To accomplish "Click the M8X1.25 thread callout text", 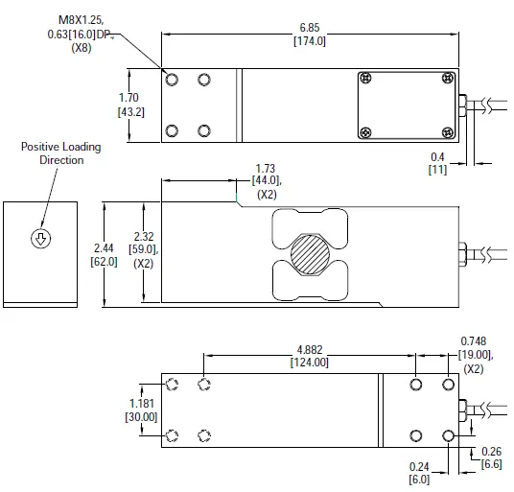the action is [x=81, y=20].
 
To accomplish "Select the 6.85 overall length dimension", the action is [x=310, y=28].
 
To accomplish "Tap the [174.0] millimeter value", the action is [x=310, y=41].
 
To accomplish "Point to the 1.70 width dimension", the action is [x=128, y=98].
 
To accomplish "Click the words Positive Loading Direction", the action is [x=61, y=153].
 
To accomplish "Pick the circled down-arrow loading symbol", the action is [x=40, y=238].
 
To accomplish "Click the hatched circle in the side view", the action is [x=310, y=254].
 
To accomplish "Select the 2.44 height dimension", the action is [x=104, y=248].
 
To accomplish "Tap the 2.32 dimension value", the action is [x=144, y=236].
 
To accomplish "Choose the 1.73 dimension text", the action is [x=266, y=169].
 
